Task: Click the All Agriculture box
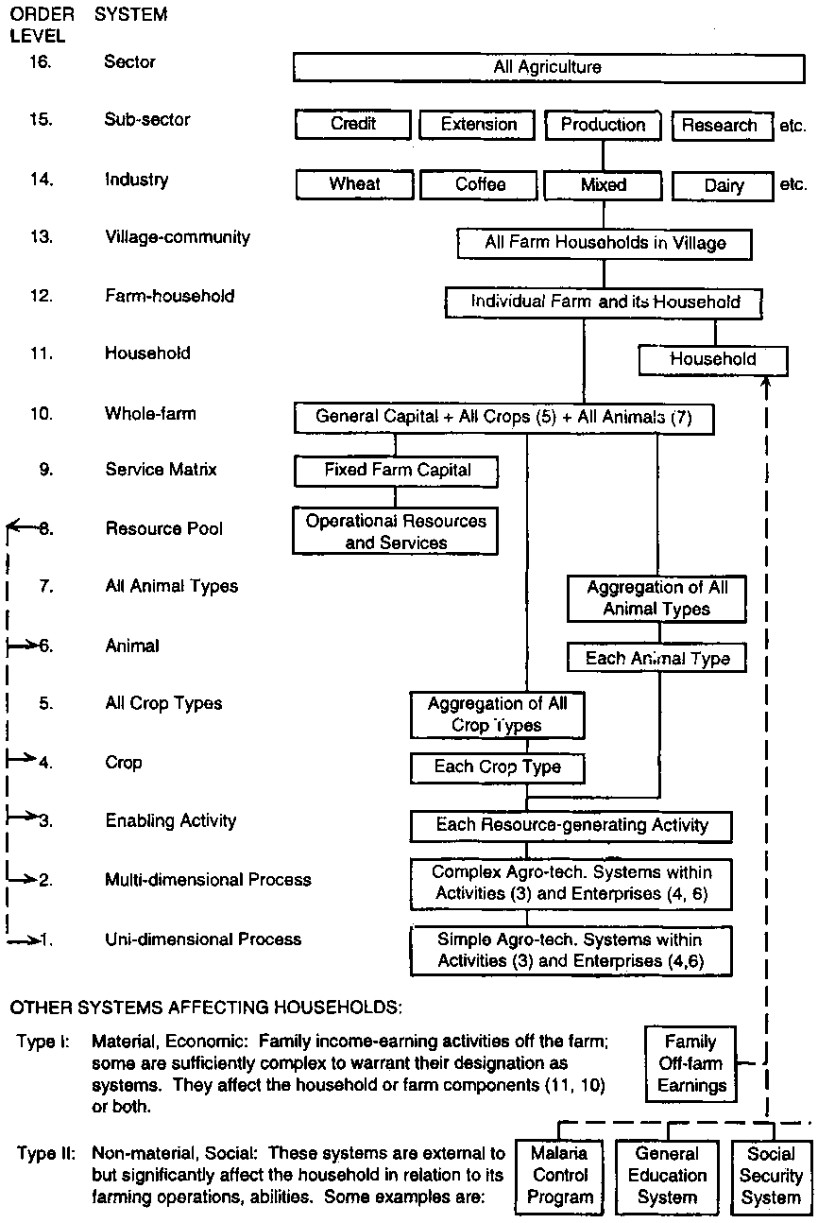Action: (547, 68)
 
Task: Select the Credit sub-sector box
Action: (353, 125)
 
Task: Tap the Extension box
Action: (480, 125)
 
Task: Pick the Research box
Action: (720, 126)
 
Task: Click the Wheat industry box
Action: (353, 184)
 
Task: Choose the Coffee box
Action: (480, 184)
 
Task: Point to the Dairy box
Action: (724, 186)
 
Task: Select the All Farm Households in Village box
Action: (605, 243)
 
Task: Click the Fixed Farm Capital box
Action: (396, 470)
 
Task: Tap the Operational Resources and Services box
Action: (396, 532)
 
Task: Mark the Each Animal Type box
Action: (656, 659)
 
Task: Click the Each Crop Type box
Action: (497, 767)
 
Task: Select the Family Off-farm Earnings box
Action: (692, 1063)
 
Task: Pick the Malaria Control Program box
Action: (559, 1176)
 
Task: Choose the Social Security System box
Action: (771, 1176)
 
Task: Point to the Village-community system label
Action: (178, 237)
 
